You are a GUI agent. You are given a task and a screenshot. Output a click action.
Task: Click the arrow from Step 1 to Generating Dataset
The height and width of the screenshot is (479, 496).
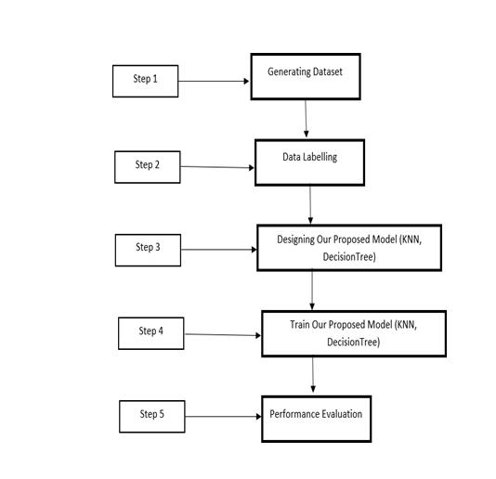click(x=214, y=82)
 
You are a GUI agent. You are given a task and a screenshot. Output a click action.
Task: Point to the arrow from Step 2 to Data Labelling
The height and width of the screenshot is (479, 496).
click(x=217, y=167)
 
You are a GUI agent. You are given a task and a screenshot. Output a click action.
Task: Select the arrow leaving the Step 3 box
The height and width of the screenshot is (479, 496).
click(x=219, y=250)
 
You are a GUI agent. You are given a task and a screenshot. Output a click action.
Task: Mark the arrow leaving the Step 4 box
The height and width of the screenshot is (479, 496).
click(x=223, y=335)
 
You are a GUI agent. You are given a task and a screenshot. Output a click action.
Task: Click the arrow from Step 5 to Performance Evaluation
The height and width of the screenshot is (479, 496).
click(x=223, y=417)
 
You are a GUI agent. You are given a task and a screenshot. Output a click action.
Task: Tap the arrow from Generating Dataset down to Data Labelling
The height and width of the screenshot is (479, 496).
click(x=306, y=119)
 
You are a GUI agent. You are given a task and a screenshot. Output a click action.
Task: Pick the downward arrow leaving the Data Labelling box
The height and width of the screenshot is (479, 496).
click(x=310, y=205)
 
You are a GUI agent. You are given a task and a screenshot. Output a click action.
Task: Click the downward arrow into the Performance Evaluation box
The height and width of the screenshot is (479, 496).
click(x=313, y=375)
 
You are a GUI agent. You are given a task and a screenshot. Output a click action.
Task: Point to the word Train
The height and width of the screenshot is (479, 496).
click(x=300, y=325)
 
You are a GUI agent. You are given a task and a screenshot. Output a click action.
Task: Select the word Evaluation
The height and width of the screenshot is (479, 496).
click(x=342, y=414)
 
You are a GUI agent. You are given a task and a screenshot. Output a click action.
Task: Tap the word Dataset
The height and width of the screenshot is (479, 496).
click(x=327, y=71)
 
